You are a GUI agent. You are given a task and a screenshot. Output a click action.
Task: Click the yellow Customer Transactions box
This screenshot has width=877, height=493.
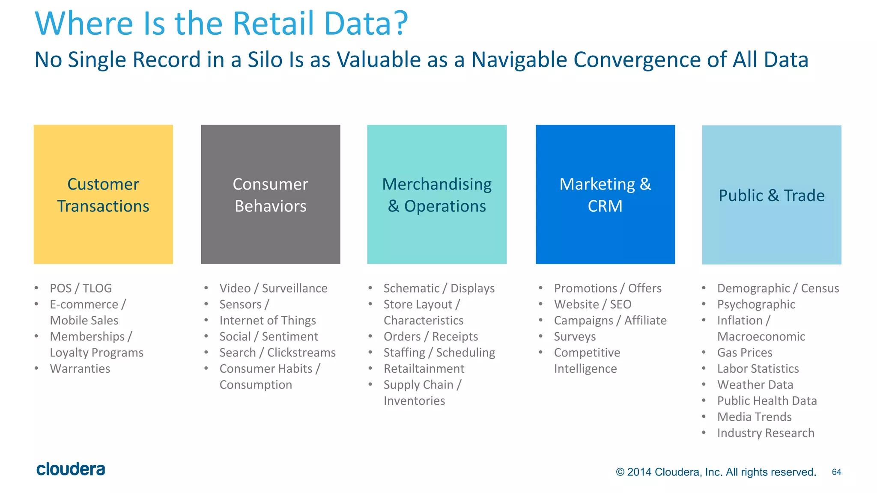tap(103, 194)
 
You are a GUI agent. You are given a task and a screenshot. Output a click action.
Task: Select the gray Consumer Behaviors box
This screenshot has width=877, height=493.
tap(270, 194)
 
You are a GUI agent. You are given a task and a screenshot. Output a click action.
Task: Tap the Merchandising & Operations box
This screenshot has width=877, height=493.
tap(437, 194)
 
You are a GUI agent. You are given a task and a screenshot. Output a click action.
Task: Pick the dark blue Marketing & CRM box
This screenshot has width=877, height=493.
tap(605, 194)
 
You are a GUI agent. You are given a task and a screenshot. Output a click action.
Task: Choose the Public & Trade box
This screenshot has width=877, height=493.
tap(772, 195)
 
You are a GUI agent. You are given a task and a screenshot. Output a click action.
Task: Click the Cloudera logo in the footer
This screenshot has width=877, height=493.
tap(71, 469)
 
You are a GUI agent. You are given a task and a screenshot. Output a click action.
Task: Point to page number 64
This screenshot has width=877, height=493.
tap(836, 472)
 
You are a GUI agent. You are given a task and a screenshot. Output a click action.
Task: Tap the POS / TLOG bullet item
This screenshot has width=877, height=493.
tap(81, 288)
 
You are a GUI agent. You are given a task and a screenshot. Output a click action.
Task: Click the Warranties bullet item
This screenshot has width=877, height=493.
tap(80, 368)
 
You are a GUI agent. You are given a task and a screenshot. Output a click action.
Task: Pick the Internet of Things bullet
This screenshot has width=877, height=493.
tap(268, 320)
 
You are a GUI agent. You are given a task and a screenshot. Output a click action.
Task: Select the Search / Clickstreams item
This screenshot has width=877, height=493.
tap(277, 352)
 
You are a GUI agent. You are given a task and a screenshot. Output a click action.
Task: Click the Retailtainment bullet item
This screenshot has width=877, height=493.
tap(424, 368)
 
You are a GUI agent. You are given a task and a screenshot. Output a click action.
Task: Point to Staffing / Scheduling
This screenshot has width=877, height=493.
tap(439, 352)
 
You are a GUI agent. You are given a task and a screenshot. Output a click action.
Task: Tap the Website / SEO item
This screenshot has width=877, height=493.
tap(592, 304)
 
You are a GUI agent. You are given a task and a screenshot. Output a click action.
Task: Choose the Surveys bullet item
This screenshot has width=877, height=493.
tap(575, 336)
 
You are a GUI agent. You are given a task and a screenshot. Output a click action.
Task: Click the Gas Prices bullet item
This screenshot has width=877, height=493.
tap(745, 352)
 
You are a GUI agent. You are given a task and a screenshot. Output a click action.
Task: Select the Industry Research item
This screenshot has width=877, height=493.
tap(766, 433)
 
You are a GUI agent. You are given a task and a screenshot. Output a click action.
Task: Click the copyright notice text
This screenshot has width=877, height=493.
tap(716, 472)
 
